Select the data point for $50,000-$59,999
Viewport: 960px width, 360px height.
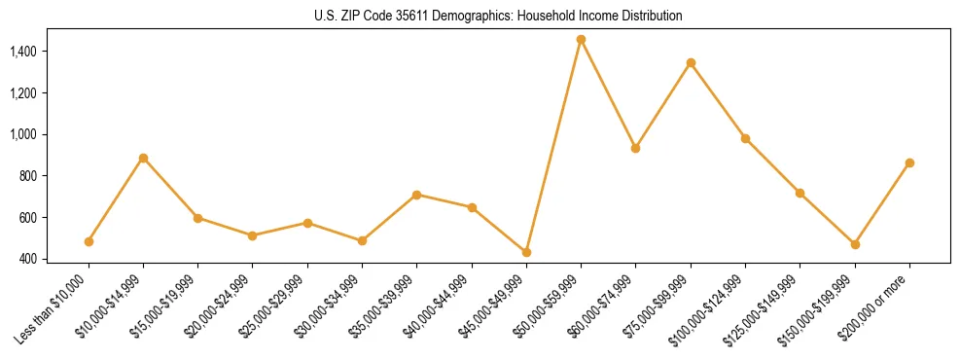(x=581, y=40)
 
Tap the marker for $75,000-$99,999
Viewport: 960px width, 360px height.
(x=691, y=63)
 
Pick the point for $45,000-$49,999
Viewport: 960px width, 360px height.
(x=526, y=252)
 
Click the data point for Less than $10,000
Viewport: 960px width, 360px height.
(x=89, y=241)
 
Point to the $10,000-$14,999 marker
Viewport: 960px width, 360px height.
(x=143, y=158)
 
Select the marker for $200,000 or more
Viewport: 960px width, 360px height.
(x=909, y=163)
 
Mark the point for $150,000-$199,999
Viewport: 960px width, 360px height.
(x=855, y=244)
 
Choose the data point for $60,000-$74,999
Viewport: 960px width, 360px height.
(x=635, y=148)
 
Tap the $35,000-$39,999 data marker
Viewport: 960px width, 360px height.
(x=416, y=195)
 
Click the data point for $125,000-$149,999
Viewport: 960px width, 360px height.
(x=800, y=193)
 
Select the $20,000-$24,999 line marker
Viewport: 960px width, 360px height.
(x=252, y=235)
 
